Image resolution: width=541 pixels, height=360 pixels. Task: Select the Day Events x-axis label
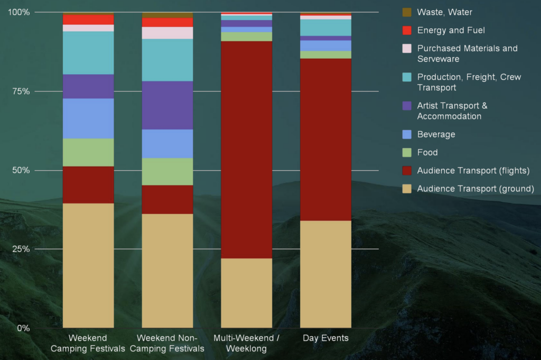pyautogui.click(x=325, y=338)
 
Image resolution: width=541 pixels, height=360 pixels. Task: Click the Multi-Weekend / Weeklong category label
pyautogui.click(x=246, y=344)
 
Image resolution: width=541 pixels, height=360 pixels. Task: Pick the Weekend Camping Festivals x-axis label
pyautogui.click(x=88, y=344)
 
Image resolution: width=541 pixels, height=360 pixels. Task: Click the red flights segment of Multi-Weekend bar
pyautogui.click(x=246, y=150)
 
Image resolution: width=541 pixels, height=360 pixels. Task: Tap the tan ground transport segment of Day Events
pyautogui.click(x=325, y=274)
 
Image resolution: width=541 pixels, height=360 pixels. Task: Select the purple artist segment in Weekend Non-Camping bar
pyautogui.click(x=167, y=105)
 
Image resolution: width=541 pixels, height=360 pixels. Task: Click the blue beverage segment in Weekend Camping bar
pyautogui.click(x=88, y=118)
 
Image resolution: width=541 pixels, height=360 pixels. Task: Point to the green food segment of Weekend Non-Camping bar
pyautogui.click(x=167, y=171)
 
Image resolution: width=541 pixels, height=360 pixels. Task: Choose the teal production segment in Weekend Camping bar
pyautogui.click(x=88, y=53)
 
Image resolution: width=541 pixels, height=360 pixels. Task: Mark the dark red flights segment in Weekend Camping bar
pyautogui.click(x=88, y=184)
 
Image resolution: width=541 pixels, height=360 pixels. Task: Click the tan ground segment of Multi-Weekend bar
pyautogui.click(x=246, y=293)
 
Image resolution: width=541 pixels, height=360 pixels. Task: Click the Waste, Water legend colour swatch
pyautogui.click(x=407, y=12)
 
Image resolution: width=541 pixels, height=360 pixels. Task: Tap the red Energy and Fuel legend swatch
pyautogui.click(x=407, y=30)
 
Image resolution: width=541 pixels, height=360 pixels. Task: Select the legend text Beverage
pyautogui.click(x=436, y=134)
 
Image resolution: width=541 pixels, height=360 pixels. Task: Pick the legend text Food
pyautogui.click(x=427, y=152)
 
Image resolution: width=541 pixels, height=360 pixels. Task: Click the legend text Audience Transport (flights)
pyautogui.click(x=473, y=170)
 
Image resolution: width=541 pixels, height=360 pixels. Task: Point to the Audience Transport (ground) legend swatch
pyautogui.click(x=407, y=188)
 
